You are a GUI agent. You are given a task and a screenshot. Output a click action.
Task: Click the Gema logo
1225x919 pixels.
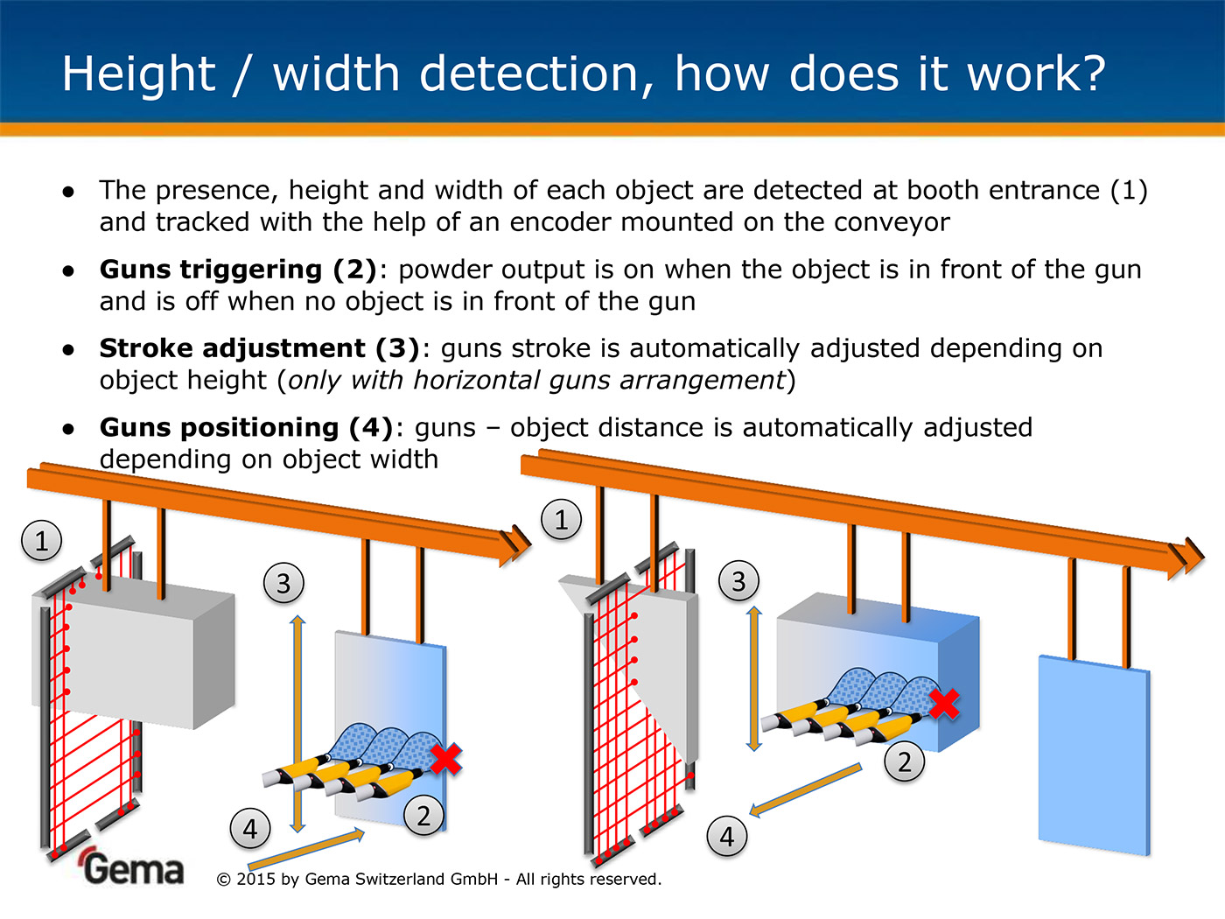tap(133, 867)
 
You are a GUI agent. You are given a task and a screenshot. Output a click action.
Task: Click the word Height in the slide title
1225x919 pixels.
tap(138, 74)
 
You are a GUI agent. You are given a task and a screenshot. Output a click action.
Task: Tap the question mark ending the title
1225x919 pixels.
tap(1089, 74)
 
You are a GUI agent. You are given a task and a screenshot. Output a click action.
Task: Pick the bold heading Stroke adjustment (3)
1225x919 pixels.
tap(260, 348)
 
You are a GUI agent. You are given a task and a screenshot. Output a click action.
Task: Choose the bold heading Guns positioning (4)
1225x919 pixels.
tap(246, 427)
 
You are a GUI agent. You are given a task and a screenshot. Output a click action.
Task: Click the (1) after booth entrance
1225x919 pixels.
tap(1128, 191)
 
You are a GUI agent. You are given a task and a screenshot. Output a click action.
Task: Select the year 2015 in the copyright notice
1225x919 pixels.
tap(255, 879)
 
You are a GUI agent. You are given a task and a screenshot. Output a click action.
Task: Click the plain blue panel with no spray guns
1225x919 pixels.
tap(1093, 753)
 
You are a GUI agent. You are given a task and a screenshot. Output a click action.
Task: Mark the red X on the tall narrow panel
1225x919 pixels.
tap(445, 759)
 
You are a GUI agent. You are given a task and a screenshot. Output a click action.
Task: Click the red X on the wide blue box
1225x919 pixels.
tap(943, 703)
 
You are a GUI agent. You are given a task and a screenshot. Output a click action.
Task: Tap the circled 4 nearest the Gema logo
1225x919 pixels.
tap(250, 828)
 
